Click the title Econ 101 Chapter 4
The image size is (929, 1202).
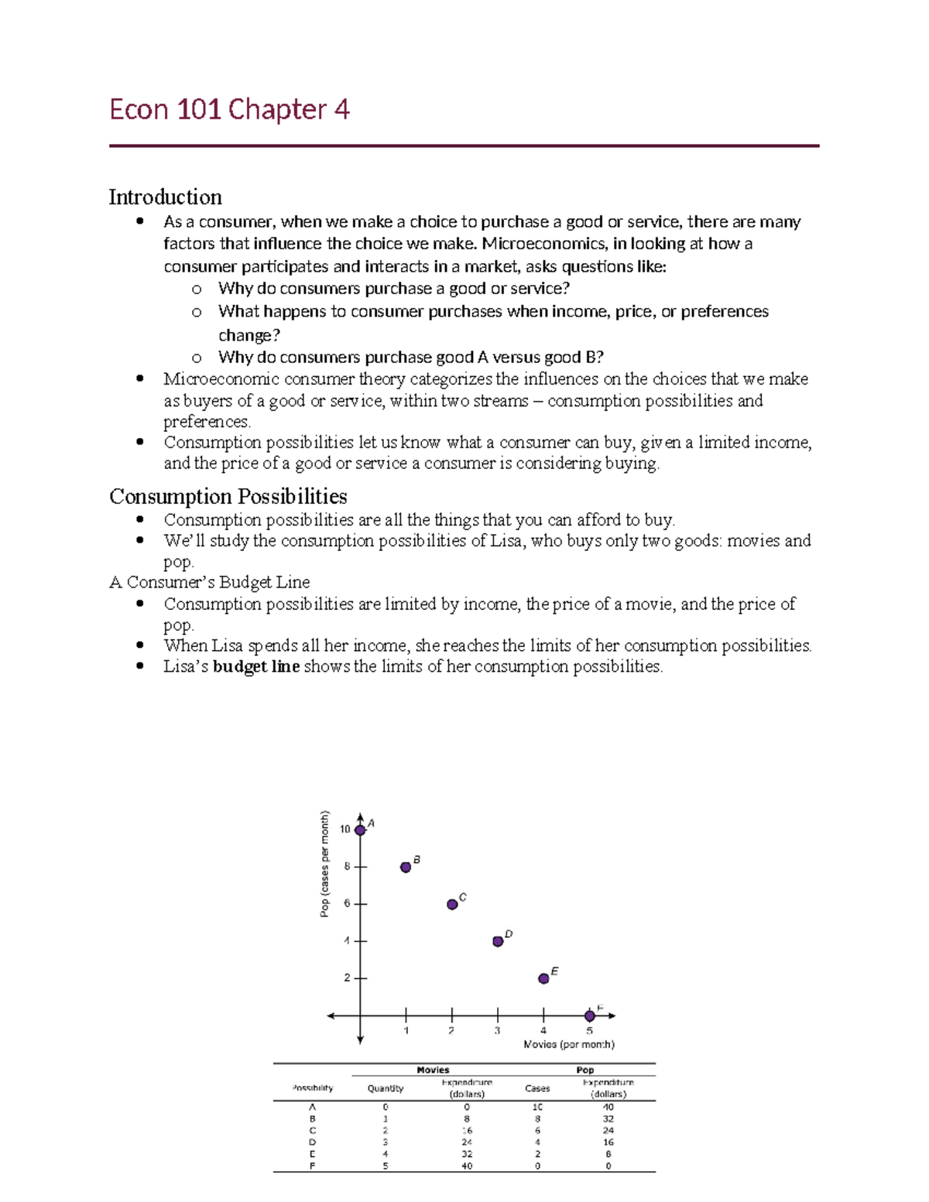[x=229, y=109]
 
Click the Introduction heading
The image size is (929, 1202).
[x=165, y=197]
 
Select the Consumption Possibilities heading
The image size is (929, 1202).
[x=228, y=496]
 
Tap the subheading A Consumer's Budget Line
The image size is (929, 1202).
[x=210, y=582]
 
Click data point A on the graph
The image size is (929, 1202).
[x=360, y=830]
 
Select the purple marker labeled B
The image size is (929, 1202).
[x=406, y=867]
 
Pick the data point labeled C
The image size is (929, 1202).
[x=452, y=904]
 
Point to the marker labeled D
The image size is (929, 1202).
[x=498, y=941]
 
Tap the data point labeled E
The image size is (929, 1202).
[x=543, y=978]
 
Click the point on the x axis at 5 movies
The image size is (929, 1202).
[x=590, y=1015]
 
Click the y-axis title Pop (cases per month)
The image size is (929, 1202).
[x=325, y=864]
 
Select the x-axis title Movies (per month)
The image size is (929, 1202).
[x=569, y=1044]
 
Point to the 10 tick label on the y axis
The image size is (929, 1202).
[x=345, y=830]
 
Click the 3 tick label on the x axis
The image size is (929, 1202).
[x=497, y=1031]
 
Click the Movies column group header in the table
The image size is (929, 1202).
[x=433, y=1070]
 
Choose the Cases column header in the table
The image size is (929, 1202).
[x=537, y=1088]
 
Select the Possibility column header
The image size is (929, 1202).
[x=313, y=1088]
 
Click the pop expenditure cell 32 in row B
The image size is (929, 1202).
[x=608, y=1118]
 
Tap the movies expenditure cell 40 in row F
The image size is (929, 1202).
[x=467, y=1166]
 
